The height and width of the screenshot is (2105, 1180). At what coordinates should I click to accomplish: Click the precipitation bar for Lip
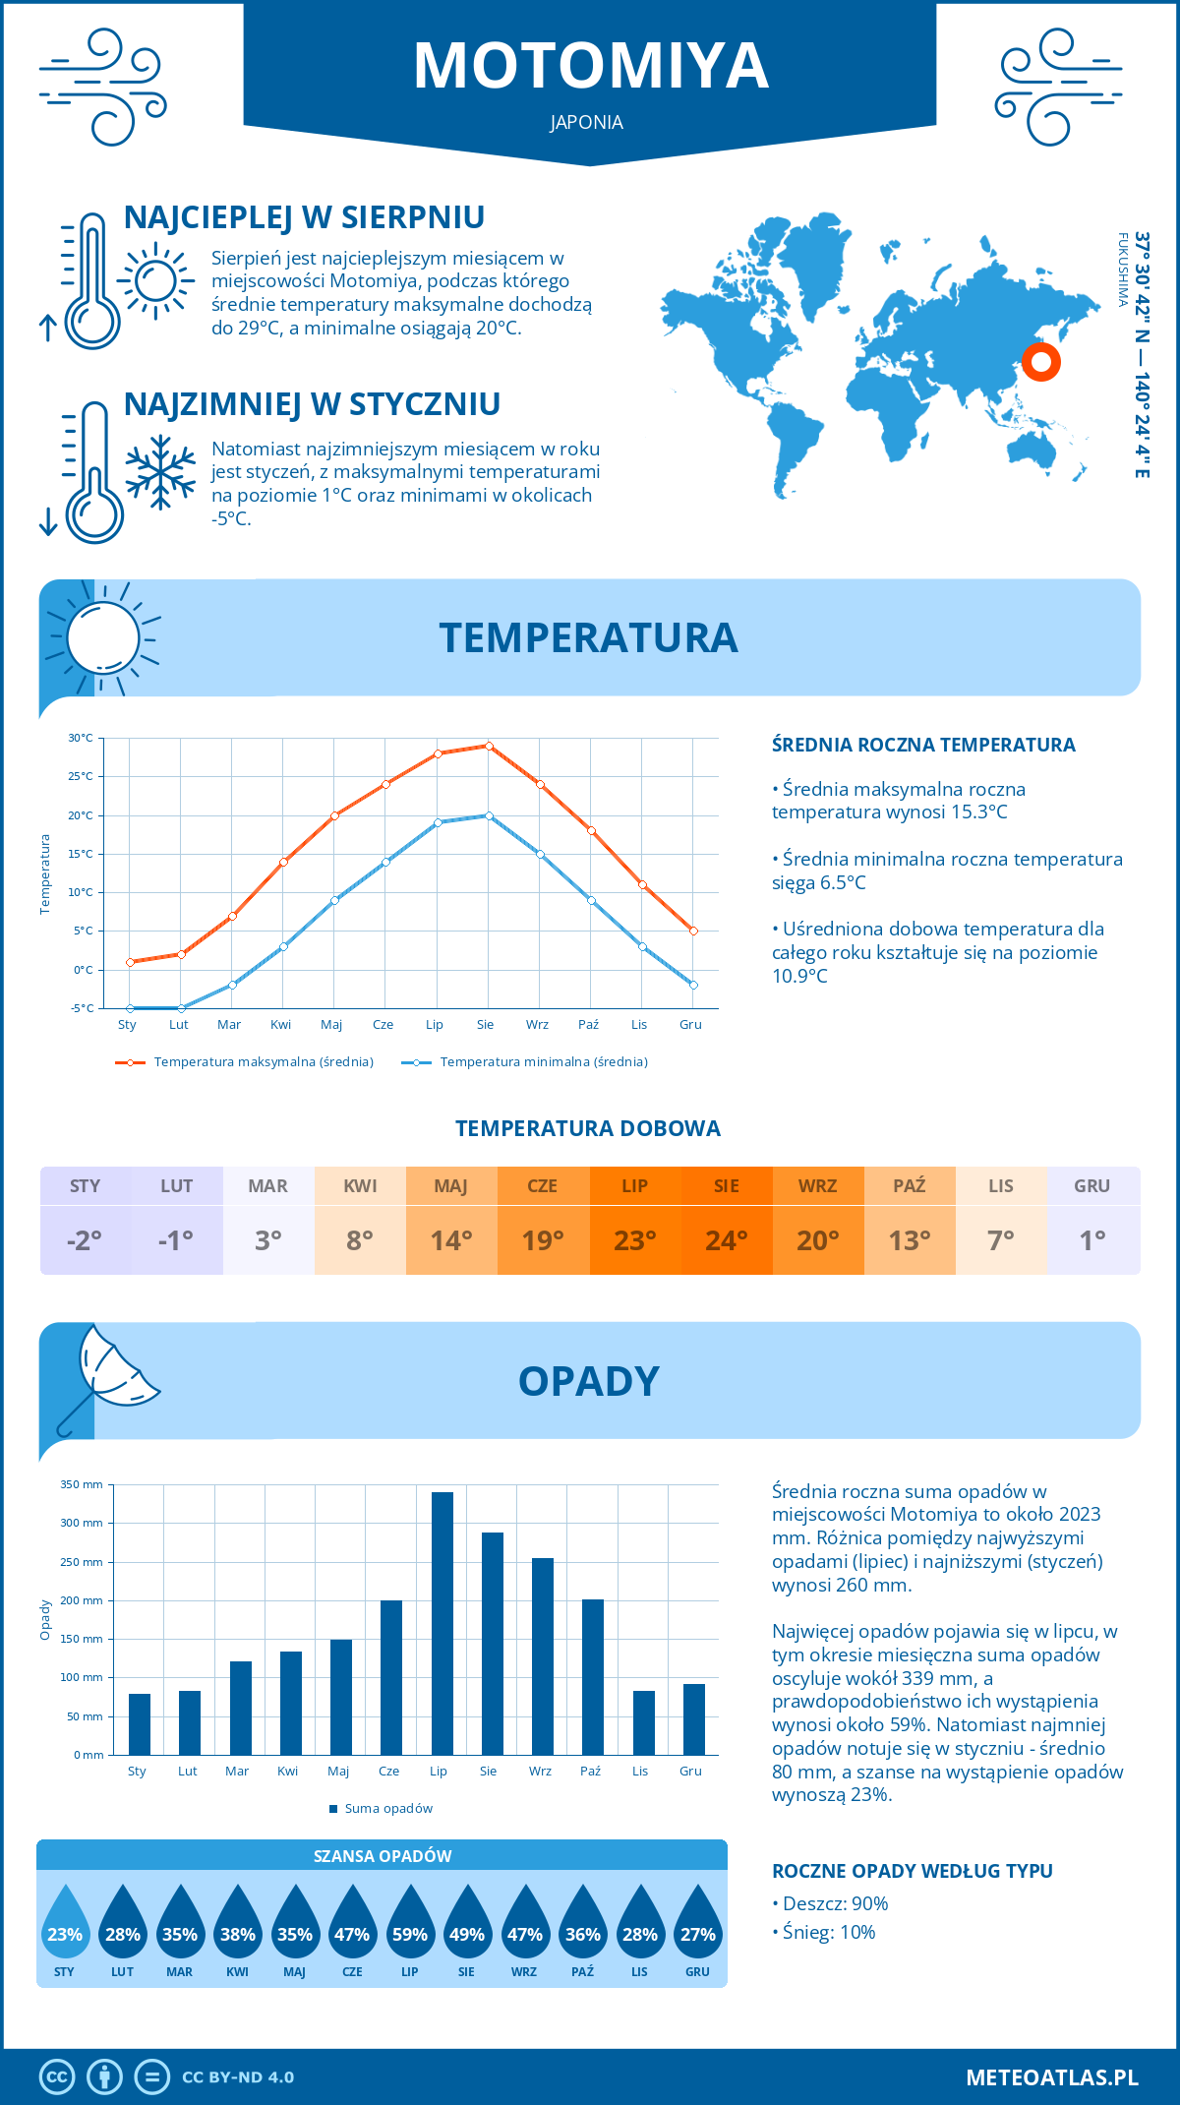(442, 1623)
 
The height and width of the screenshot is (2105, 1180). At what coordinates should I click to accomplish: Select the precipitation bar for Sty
(140, 1724)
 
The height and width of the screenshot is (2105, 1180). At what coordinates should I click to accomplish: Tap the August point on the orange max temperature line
(489, 746)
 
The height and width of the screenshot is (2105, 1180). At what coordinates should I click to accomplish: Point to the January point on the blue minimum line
(130, 1008)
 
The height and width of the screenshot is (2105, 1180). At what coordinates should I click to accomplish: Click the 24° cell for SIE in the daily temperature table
(727, 1240)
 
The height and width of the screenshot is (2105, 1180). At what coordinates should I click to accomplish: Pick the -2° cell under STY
(85, 1240)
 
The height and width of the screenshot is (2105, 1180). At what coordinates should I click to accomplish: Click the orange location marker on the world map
(1040, 362)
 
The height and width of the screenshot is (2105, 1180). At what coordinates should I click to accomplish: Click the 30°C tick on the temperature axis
(81, 738)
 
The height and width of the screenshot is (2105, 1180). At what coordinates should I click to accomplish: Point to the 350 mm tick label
(82, 1484)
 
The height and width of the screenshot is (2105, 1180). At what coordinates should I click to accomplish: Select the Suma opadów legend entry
(388, 1809)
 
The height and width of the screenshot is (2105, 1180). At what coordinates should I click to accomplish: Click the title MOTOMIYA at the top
(590, 67)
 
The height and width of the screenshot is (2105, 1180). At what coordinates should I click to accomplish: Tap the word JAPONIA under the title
(587, 123)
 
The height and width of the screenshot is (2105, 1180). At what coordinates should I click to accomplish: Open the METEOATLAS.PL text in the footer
(1052, 2077)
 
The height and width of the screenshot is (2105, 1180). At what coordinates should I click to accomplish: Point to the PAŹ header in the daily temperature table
(910, 1186)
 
